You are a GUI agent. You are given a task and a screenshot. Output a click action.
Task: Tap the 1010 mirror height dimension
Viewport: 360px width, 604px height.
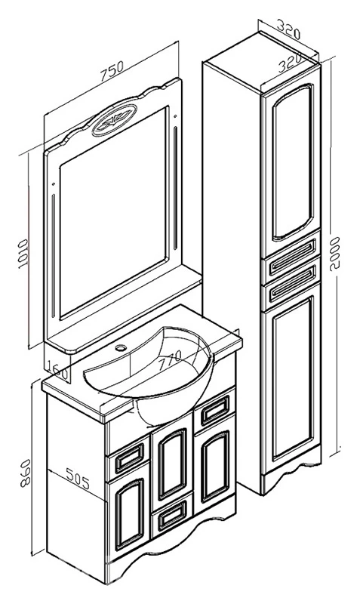23,254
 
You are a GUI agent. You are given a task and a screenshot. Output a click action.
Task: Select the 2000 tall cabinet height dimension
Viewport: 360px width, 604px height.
334,254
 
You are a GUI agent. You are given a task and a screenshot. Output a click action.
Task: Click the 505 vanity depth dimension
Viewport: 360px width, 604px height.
78,479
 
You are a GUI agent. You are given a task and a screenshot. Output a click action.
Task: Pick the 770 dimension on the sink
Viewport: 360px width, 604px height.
168,361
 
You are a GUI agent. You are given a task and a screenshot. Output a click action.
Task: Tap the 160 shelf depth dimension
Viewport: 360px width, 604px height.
60,371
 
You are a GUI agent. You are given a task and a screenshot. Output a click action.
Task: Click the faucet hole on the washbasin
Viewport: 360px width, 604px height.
122,348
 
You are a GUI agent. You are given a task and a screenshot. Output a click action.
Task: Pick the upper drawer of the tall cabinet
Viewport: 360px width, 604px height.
291,255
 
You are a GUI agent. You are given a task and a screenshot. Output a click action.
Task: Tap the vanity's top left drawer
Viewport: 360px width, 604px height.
129,458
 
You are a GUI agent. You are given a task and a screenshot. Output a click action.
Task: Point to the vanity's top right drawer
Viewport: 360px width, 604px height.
215,409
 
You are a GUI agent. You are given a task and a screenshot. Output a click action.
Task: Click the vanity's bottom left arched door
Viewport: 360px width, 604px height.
129,514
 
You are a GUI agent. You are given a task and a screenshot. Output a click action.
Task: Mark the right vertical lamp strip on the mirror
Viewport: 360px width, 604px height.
176,188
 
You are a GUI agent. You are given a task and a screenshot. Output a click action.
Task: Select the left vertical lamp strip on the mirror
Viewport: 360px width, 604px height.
53,255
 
